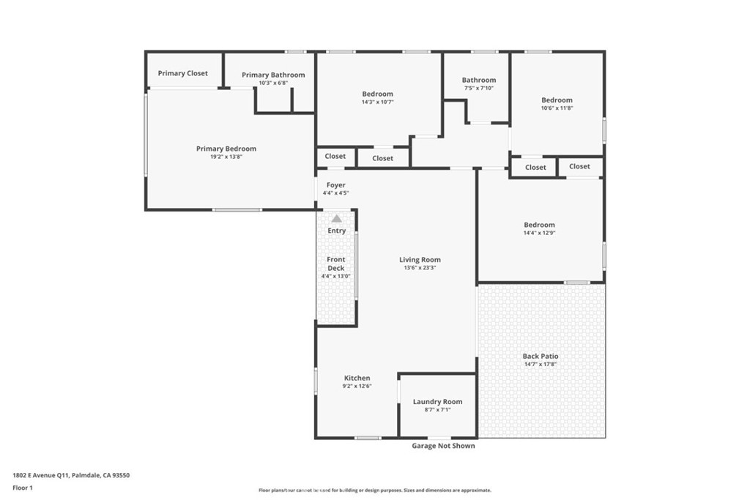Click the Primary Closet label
(182, 73)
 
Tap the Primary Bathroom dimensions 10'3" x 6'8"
(273, 83)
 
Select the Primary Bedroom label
(226, 149)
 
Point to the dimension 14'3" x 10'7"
(378, 102)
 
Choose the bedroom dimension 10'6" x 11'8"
(557, 108)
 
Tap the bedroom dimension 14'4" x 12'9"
(539, 234)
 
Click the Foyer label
(335, 185)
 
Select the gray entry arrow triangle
(336, 218)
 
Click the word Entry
(336, 231)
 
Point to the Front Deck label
(335, 264)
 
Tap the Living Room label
(420, 260)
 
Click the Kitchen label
(357, 378)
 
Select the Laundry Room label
(437, 402)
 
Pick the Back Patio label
(541, 356)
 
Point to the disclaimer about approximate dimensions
(374, 490)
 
